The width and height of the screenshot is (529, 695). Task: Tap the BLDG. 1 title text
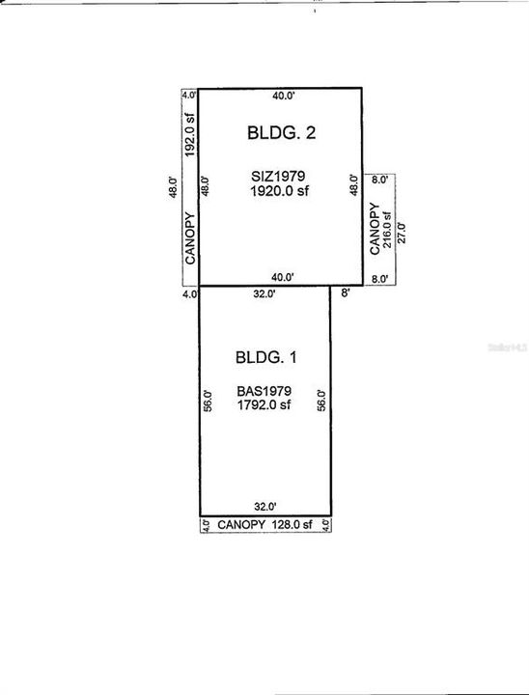(x=265, y=357)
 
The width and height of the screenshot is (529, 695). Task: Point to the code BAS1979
(x=264, y=392)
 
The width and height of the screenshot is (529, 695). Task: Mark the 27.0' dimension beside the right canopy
(x=402, y=232)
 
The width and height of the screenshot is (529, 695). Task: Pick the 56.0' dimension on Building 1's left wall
(x=209, y=402)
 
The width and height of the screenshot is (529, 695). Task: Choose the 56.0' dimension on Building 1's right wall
(x=322, y=402)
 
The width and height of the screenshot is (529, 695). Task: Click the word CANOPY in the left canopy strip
(x=191, y=237)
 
